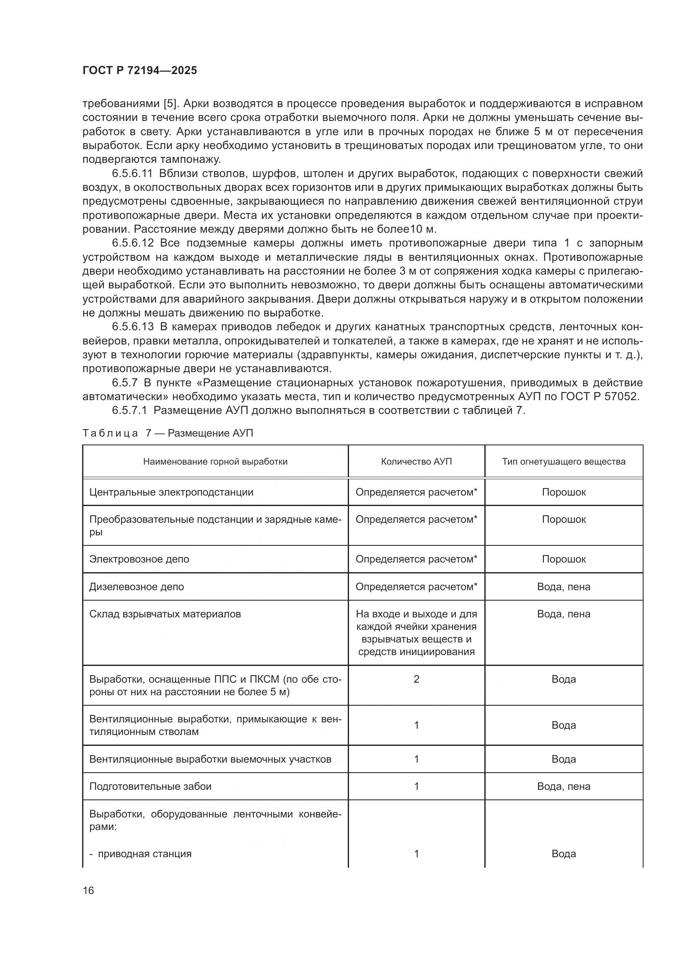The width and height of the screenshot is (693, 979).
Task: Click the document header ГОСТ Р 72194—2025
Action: (x=140, y=70)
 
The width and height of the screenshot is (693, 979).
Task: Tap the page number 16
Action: (x=88, y=890)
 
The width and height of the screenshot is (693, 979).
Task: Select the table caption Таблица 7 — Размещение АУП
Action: (x=167, y=433)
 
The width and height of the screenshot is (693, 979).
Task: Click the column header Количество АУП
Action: (x=416, y=461)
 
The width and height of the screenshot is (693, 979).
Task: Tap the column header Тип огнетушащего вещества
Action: (x=563, y=461)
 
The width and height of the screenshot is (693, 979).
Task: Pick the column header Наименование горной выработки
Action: (x=215, y=461)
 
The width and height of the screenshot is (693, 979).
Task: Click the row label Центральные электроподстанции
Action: (x=171, y=492)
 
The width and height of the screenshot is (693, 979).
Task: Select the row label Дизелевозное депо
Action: (x=137, y=587)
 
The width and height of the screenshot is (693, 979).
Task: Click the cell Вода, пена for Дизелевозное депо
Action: (x=563, y=587)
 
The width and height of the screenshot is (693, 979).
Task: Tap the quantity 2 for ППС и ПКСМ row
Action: (x=416, y=679)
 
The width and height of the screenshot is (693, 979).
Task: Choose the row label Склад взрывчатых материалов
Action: (x=165, y=614)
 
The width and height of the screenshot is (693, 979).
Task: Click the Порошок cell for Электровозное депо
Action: (x=563, y=559)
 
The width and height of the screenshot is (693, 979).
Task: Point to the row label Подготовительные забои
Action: (x=150, y=786)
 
